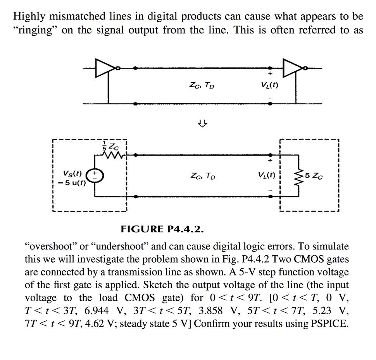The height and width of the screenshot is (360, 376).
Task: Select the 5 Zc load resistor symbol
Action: coord(298,175)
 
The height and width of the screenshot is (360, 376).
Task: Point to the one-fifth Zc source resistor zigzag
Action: coord(112,156)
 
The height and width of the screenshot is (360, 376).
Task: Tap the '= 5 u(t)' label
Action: coord(72,183)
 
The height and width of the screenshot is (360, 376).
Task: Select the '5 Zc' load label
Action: coord(314,176)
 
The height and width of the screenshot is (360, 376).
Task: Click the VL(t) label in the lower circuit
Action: coord(266,175)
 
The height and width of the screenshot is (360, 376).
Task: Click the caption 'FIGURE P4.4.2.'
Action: coord(162,229)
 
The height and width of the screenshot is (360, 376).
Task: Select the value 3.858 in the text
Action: coord(212,311)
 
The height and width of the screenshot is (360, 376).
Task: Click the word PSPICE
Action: coord(330,324)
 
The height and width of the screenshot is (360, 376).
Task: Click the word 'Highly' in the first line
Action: coord(30,17)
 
